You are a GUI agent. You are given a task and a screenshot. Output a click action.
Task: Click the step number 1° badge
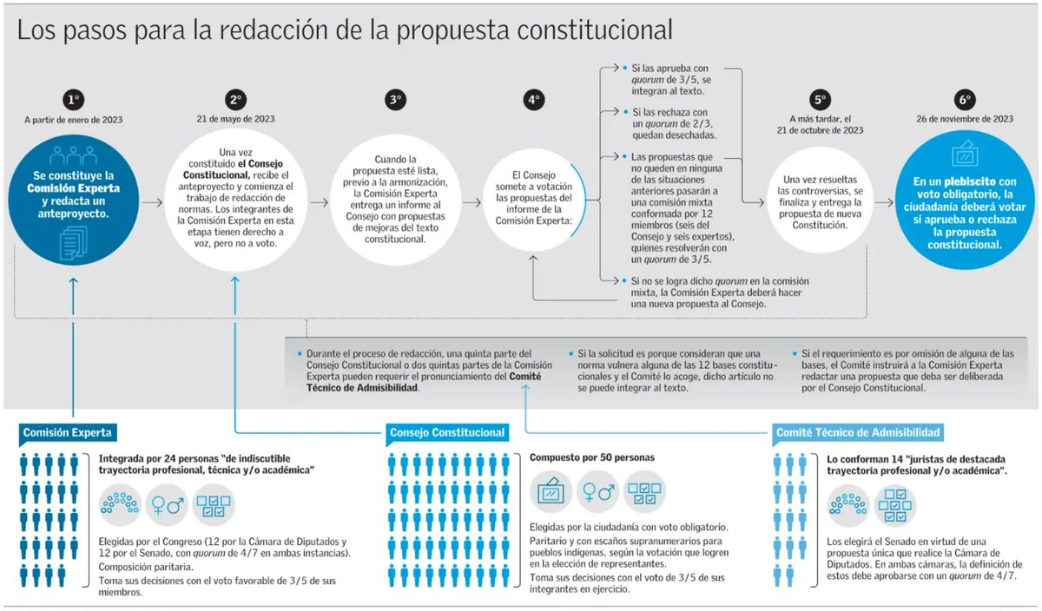click(73, 100)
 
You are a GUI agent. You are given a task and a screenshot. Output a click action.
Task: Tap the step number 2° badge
click(235, 100)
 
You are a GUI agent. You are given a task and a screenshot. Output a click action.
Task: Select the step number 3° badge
click(396, 100)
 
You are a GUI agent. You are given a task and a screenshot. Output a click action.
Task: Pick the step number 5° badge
click(821, 100)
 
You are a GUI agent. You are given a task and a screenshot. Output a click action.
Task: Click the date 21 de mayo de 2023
click(235, 118)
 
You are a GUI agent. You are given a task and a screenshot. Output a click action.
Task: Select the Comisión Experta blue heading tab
click(68, 432)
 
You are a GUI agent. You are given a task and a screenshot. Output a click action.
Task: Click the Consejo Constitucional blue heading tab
click(448, 432)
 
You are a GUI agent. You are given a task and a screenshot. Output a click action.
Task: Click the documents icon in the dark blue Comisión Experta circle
click(73, 244)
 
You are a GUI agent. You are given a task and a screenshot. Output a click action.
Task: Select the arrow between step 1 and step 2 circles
click(152, 202)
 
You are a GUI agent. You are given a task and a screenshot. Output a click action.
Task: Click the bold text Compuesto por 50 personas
click(592, 457)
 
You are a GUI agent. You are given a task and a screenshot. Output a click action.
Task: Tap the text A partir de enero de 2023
click(73, 119)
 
